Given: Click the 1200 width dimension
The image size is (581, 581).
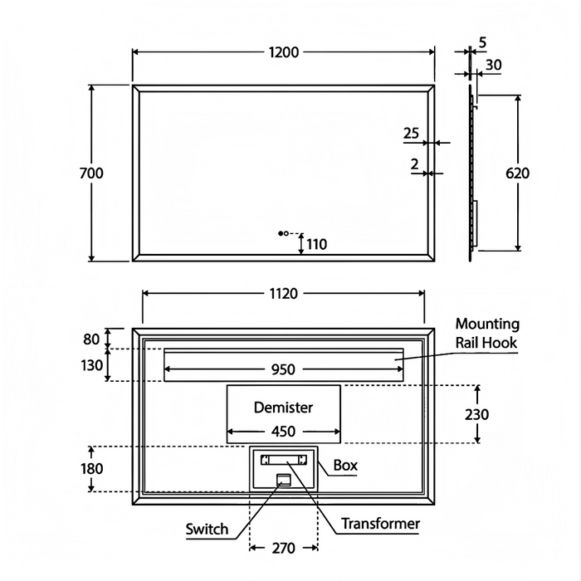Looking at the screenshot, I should coord(283,51).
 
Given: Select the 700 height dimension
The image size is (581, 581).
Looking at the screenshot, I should coord(91,173).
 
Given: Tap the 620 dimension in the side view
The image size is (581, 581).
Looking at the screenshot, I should coord(517,173).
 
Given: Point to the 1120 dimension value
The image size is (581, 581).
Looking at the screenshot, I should coord(283,293).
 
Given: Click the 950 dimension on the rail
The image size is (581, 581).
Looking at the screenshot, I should coord(283,369).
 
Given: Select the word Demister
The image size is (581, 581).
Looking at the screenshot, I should coord(283,408).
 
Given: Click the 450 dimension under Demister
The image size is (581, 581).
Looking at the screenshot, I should coord(283,431).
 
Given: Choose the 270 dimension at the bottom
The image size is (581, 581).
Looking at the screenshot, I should coord(283,549).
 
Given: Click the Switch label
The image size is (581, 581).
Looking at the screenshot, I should coord(207,529).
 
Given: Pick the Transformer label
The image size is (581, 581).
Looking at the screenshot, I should coord(381,524).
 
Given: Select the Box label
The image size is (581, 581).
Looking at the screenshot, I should coord(345,466).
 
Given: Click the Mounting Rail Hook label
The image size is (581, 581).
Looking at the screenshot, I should coord(486,333).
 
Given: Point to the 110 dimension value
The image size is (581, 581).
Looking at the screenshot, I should coord(316,244).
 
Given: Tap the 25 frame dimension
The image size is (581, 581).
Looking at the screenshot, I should coord(411,133).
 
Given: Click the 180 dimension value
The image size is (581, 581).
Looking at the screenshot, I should coord(92,469).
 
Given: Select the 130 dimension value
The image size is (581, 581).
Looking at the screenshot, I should coord(92,365).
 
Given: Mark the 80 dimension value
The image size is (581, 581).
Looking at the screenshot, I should coord(91,339).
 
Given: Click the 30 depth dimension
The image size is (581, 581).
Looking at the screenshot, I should coord(493,65).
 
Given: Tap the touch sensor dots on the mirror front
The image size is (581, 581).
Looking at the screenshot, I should coord(284,234).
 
